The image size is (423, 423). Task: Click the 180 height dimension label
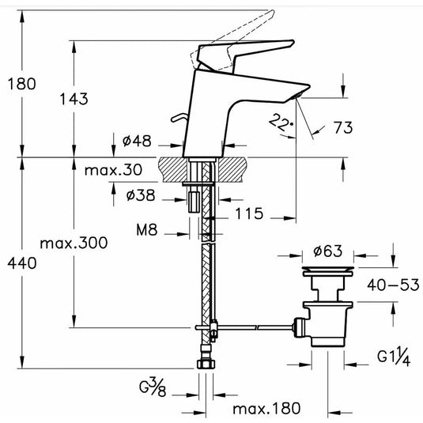tap(21, 84)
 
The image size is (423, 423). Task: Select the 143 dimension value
tap(74, 99)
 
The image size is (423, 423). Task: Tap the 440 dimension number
tap(22, 263)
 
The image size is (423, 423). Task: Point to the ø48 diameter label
tap(137, 141)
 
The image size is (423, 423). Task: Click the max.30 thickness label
tap(113, 170)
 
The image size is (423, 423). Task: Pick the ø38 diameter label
tap(141, 195)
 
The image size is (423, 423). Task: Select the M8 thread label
tap(146, 230)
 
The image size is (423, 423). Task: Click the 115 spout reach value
tap(249, 213)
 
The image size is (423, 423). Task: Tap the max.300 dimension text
tap(74, 243)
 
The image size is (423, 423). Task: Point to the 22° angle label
tap(281, 123)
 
